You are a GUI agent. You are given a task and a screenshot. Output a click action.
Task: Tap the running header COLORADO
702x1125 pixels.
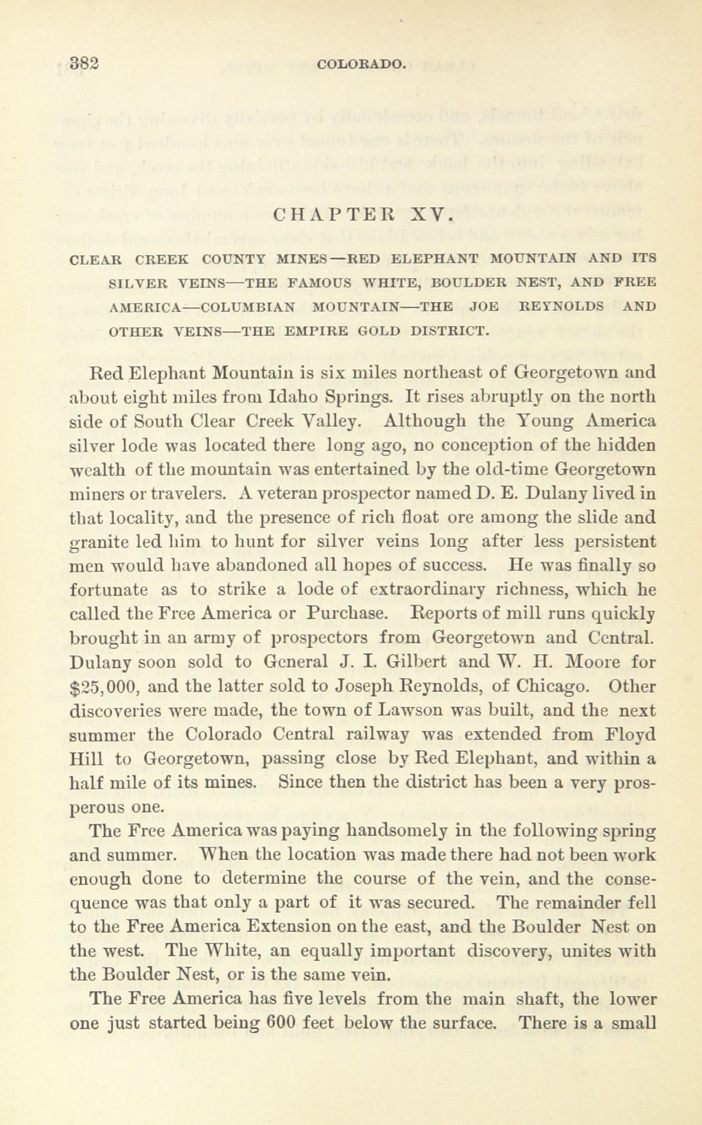point(361,64)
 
